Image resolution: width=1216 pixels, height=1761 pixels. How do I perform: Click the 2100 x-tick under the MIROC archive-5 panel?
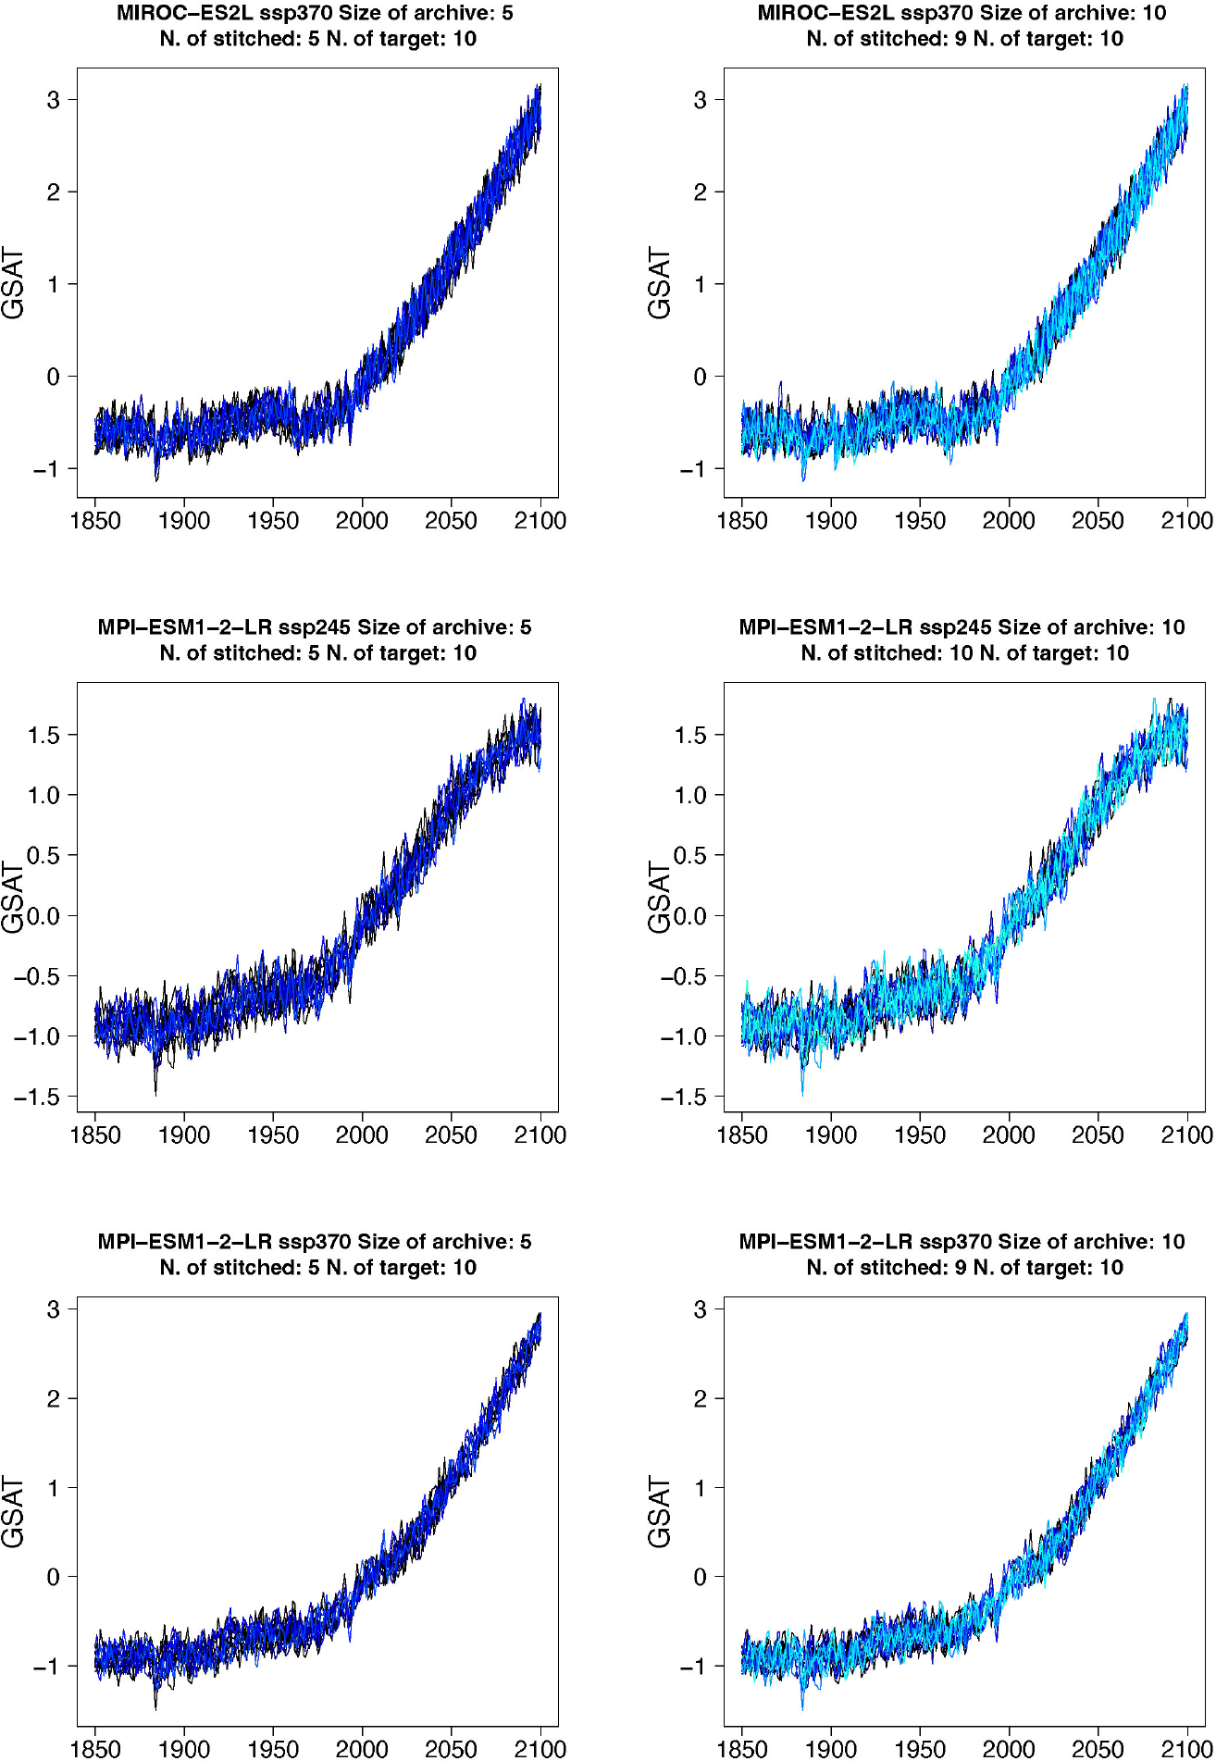[x=540, y=521]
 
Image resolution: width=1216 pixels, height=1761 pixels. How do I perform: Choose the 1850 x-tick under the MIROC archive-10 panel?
[x=742, y=521]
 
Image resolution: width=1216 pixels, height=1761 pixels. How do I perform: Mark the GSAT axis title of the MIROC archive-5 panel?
[x=13, y=283]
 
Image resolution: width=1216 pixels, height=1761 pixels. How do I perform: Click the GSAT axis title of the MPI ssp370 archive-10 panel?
[x=659, y=1512]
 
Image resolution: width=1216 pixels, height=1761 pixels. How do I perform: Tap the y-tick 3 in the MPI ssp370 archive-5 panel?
[x=53, y=1309]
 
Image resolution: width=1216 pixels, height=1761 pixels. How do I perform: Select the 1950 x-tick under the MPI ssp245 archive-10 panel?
[x=920, y=1135]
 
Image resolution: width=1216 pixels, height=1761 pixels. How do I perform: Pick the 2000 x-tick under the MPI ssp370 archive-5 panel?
[x=362, y=1749]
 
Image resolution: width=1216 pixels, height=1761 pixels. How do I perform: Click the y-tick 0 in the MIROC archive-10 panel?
[x=700, y=377]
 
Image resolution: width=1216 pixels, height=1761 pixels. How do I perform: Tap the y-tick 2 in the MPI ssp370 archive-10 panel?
[x=700, y=1398]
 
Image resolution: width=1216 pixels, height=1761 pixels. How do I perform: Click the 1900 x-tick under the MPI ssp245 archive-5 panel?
[x=184, y=1135]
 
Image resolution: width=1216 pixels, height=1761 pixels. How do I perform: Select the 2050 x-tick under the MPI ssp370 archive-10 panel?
[x=1098, y=1749]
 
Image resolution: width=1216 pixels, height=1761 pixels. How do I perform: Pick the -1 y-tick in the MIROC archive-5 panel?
[x=46, y=469]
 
